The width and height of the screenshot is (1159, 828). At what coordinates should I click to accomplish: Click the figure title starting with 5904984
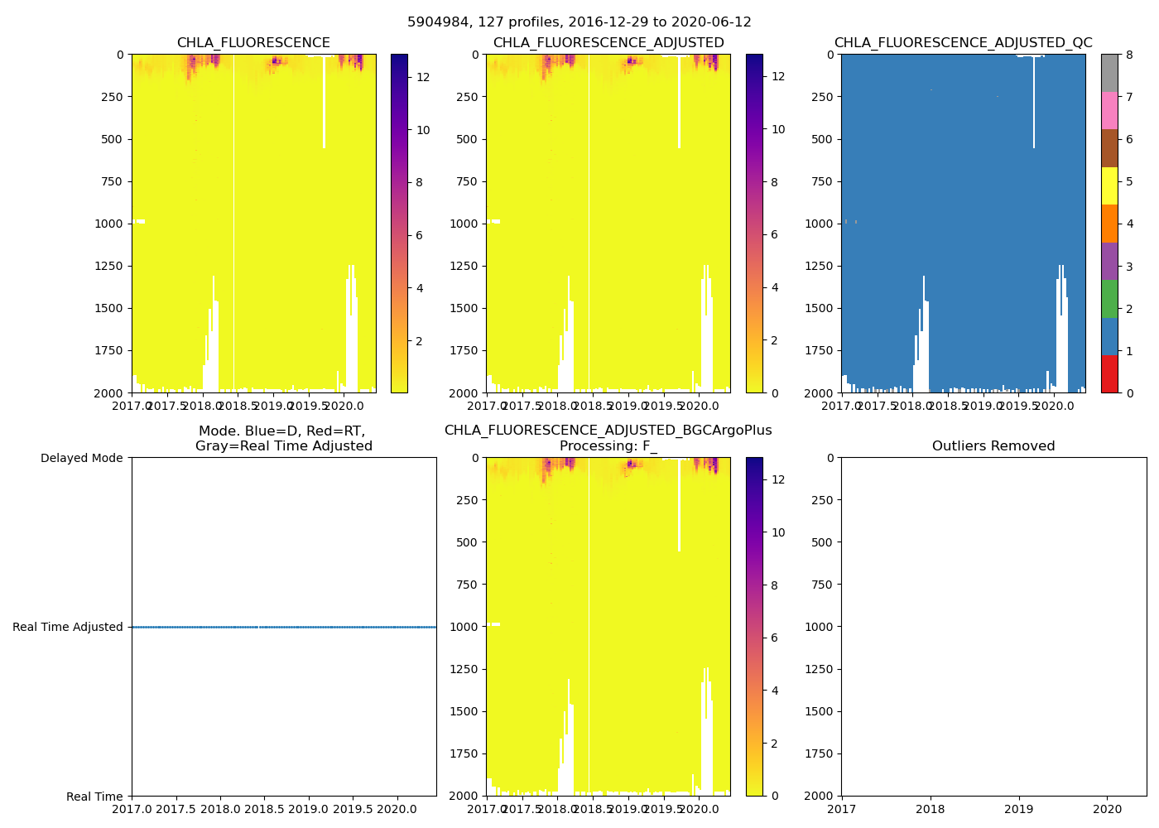pyautogui.click(x=579, y=22)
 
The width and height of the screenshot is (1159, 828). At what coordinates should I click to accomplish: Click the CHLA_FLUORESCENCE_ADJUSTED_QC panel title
pyautogui.click(x=963, y=43)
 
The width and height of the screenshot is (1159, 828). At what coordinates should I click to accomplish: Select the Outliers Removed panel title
pyautogui.click(x=993, y=446)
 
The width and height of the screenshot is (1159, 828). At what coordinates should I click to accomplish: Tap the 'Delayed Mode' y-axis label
pyautogui.click(x=81, y=458)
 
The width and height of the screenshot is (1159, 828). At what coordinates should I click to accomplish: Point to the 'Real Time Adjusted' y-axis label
pyautogui.click(x=68, y=627)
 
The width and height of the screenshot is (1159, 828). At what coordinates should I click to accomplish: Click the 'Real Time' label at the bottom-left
pyautogui.click(x=94, y=797)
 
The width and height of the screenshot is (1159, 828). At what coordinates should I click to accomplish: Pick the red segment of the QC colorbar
pyautogui.click(x=1109, y=373)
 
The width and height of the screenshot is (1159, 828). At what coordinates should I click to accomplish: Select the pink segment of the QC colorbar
pyautogui.click(x=1109, y=110)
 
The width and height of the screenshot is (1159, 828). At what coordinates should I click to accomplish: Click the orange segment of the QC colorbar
pyautogui.click(x=1109, y=224)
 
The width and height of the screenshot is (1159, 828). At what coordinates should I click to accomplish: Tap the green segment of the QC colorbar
pyautogui.click(x=1109, y=298)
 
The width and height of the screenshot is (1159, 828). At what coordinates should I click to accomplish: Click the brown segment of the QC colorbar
pyautogui.click(x=1109, y=148)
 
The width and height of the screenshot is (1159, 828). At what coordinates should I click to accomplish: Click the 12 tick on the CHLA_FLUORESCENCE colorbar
pyautogui.click(x=422, y=77)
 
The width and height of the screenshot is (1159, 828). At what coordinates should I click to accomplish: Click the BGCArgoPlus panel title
pyautogui.click(x=608, y=438)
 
